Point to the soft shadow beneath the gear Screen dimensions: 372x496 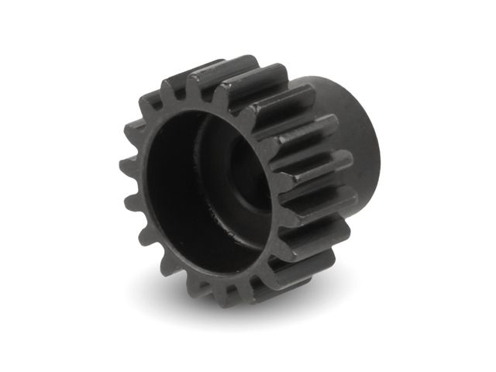click(x=256, y=310)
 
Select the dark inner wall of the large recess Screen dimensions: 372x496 click(x=167, y=186)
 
